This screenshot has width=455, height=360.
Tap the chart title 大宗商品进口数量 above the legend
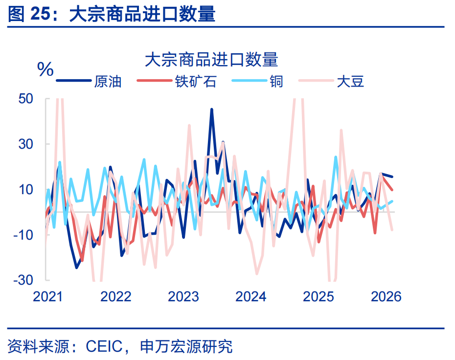point(211,60)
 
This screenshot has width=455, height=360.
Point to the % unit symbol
point(45,70)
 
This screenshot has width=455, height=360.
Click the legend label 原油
point(108,81)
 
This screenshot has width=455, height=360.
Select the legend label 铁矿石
point(195,81)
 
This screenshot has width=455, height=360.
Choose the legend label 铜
point(276,81)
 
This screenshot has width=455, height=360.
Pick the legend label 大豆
point(350,81)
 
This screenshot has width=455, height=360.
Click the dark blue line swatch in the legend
point(73,81)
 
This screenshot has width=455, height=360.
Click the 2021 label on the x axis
point(47,296)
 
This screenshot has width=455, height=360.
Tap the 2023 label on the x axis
point(183,296)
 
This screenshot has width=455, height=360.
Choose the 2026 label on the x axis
point(386,296)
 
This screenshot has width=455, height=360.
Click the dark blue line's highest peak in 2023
point(212,110)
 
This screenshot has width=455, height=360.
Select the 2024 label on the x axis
point(250,296)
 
